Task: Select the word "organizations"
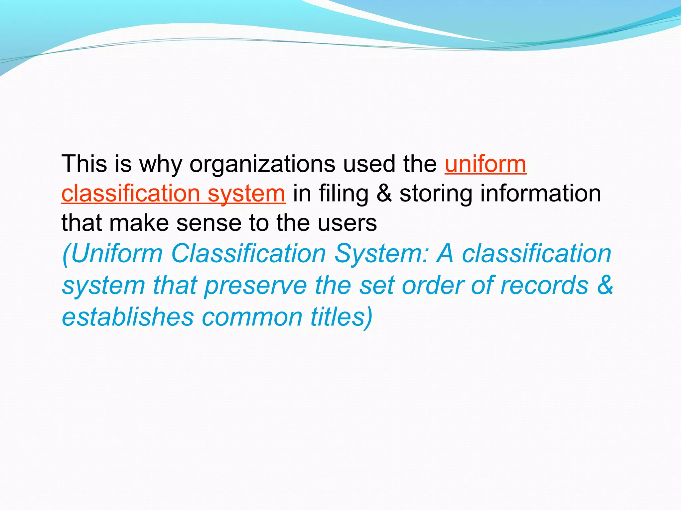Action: (262, 164)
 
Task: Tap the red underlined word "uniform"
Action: (485, 164)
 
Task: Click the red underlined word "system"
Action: (246, 193)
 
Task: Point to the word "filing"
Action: (343, 194)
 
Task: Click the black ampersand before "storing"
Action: (384, 193)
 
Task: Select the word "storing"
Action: (436, 194)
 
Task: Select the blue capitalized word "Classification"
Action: (248, 254)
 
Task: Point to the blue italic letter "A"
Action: (445, 254)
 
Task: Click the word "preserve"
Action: (255, 286)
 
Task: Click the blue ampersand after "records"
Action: (605, 285)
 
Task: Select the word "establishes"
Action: (128, 317)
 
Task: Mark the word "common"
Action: (252, 317)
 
